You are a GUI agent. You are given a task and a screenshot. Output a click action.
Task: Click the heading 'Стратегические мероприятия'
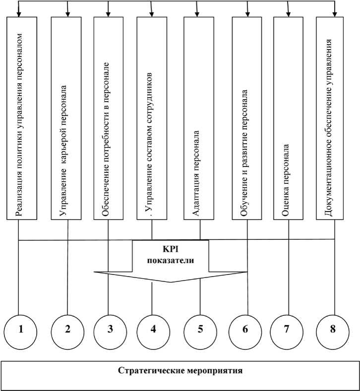tap(180, 371)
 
